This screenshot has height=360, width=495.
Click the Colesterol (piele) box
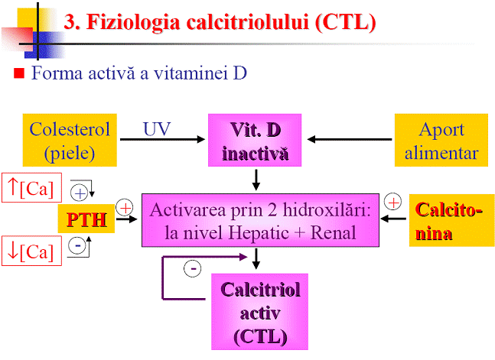70,141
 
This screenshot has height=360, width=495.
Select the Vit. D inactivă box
256,141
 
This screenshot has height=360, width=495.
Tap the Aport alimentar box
441,141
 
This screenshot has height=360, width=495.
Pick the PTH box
86,220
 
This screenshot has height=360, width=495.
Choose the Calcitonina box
448,220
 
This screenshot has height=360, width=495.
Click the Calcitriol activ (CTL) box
260,312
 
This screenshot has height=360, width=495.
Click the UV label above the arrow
157,128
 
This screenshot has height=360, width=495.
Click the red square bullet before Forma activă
21,74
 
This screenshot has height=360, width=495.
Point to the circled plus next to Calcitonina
392,202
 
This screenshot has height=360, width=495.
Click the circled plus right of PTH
124,207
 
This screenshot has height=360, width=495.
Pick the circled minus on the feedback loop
194,268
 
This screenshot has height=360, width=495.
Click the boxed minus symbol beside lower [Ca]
77,247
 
